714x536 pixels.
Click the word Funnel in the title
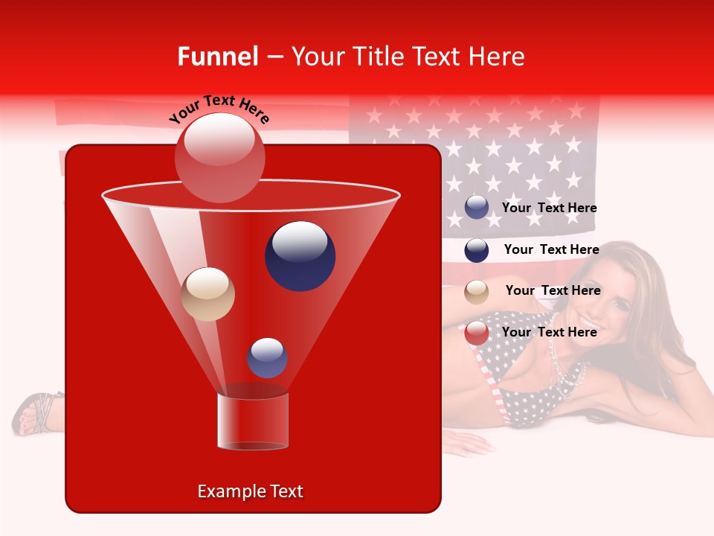click(218, 57)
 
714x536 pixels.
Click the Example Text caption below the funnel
click(250, 491)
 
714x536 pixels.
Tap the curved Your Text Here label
click(219, 109)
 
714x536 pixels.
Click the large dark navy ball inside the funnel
click(300, 255)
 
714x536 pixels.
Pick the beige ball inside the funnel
click(208, 294)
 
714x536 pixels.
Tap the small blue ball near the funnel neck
click(267, 357)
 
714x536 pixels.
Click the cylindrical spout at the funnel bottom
click(252, 421)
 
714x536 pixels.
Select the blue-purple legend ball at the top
click(477, 208)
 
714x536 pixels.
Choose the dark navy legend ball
click(477, 250)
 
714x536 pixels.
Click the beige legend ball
click(477, 292)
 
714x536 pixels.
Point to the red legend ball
click(477, 333)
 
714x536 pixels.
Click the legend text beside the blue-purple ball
click(549, 208)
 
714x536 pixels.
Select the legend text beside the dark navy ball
click(551, 249)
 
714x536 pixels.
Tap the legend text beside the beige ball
click(553, 290)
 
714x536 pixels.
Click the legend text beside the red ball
click(549, 332)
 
